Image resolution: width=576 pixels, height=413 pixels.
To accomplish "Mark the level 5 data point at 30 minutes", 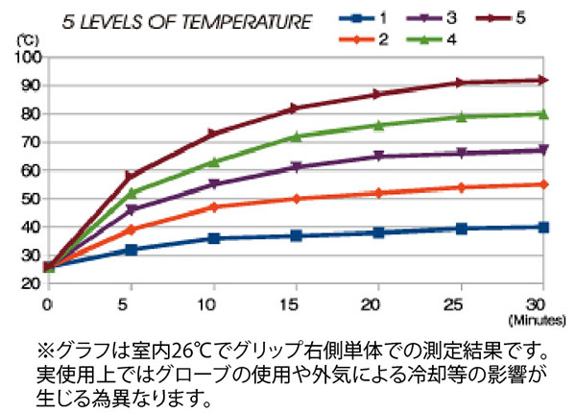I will [543, 80].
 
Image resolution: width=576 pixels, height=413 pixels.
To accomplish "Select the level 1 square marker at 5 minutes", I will [131, 250].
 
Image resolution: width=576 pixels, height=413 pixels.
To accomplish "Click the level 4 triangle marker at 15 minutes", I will [296, 136].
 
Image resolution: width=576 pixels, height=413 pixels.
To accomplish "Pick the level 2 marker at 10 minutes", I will [213, 206].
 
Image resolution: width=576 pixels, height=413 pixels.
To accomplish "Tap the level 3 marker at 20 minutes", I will [378, 156].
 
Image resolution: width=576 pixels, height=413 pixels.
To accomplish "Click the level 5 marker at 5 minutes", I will [131, 176].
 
